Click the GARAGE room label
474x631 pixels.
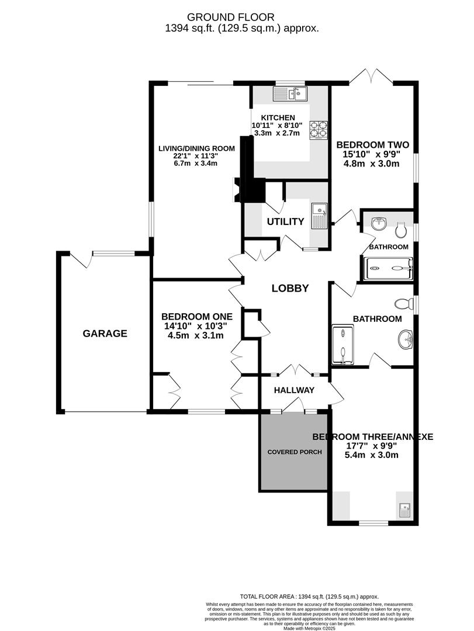click(x=105, y=334)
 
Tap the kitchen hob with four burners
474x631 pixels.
click(x=318, y=129)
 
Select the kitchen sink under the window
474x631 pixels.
click(x=290, y=93)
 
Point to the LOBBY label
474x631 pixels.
click(x=289, y=288)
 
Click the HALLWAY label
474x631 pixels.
click(x=295, y=390)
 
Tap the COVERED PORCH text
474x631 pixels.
click(x=295, y=452)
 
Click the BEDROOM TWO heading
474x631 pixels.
click(x=371, y=145)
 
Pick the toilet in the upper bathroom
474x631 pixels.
click(x=401, y=230)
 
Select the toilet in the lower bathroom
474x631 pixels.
click(x=403, y=304)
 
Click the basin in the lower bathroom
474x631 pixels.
click(x=406, y=338)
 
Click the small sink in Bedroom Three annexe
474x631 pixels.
click(x=404, y=510)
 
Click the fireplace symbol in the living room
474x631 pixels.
click(x=236, y=190)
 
